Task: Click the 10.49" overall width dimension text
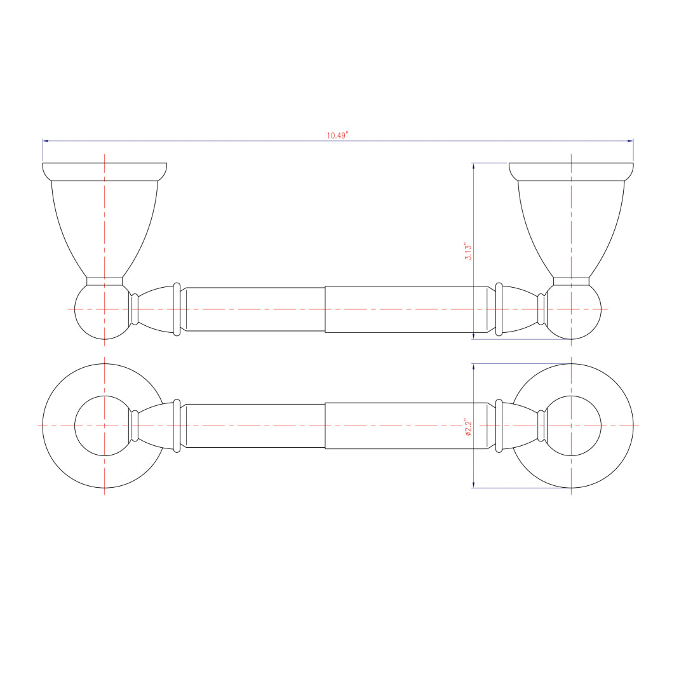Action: tap(338, 135)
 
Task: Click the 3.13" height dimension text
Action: tap(468, 252)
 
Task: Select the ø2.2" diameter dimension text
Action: tap(468, 426)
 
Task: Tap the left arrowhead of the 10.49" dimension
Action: tap(46, 141)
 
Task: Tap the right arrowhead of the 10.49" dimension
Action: tap(630, 141)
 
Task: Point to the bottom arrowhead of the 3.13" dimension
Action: tap(474, 336)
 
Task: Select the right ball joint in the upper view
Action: tap(573, 311)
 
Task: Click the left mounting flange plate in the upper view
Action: tap(105, 171)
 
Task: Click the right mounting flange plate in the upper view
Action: tap(571, 171)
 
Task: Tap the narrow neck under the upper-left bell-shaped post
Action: tap(105, 281)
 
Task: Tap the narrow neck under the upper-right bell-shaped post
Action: tap(571, 281)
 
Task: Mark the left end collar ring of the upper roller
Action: tap(177, 309)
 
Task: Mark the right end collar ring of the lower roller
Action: tap(499, 426)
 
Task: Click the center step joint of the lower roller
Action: tap(325, 426)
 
